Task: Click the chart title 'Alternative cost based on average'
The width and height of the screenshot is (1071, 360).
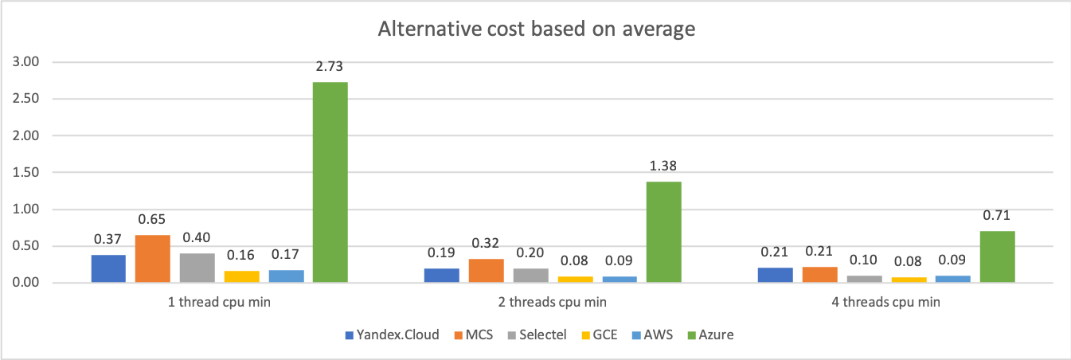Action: click(x=536, y=30)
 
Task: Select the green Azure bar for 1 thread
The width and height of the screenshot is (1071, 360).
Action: click(x=330, y=182)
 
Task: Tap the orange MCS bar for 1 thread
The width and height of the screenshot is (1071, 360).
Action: click(x=152, y=259)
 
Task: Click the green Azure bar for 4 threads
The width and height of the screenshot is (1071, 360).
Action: click(x=997, y=256)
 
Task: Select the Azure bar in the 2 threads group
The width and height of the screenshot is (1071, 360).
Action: click(x=663, y=232)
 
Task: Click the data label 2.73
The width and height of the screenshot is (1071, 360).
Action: click(x=330, y=68)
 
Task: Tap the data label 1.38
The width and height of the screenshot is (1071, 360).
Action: click(x=663, y=167)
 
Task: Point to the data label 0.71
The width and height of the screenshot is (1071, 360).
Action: click(x=997, y=217)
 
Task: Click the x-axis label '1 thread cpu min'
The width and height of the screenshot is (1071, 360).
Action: click(x=219, y=303)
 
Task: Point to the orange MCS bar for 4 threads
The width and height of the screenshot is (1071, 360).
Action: click(x=819, y=275)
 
